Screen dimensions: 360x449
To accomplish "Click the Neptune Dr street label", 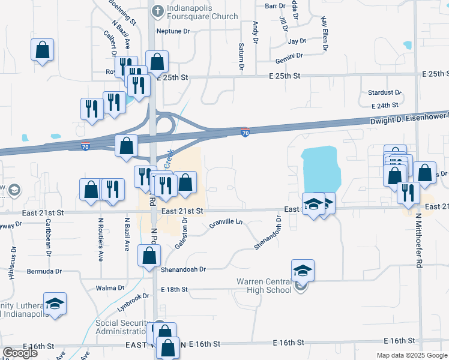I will [173, 31].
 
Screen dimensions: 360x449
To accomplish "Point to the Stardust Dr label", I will [385, 93].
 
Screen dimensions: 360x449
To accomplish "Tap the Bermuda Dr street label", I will [44, 271].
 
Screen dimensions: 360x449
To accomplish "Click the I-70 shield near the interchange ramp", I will [245, 132].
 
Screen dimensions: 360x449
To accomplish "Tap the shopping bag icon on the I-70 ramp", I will [127, 146].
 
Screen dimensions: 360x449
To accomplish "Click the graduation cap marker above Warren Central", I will [303, 270].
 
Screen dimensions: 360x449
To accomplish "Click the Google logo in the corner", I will [19, 353].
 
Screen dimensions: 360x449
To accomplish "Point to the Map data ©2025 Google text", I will [411, 355].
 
